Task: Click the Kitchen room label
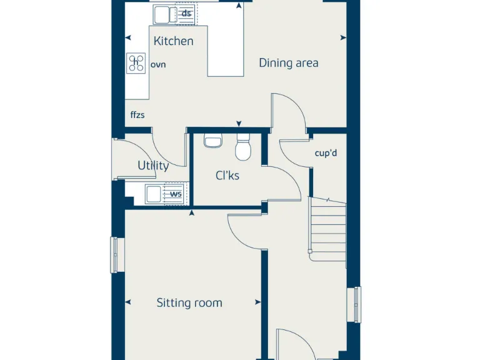[x=173, y=41]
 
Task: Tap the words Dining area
[x=288, y=62]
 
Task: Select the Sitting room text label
[x=189, y=303]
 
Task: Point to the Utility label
[x=153, y=166]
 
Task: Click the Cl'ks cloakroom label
[x=227, y=176]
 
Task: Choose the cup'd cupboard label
[x=326, y=153]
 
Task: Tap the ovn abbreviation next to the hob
[x=158, y=64]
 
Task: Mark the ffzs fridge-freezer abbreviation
[x=137, y=115]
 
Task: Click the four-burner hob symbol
[x=136, y=63]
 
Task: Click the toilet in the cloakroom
[x=242, y=149]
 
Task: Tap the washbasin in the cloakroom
[x=212, y=141]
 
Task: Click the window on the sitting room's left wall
[x=115, y=255]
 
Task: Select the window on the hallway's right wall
[x=356, y=305]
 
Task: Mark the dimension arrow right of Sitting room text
[x=258, y=302]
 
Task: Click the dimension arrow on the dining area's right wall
[x=342, y=37]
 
